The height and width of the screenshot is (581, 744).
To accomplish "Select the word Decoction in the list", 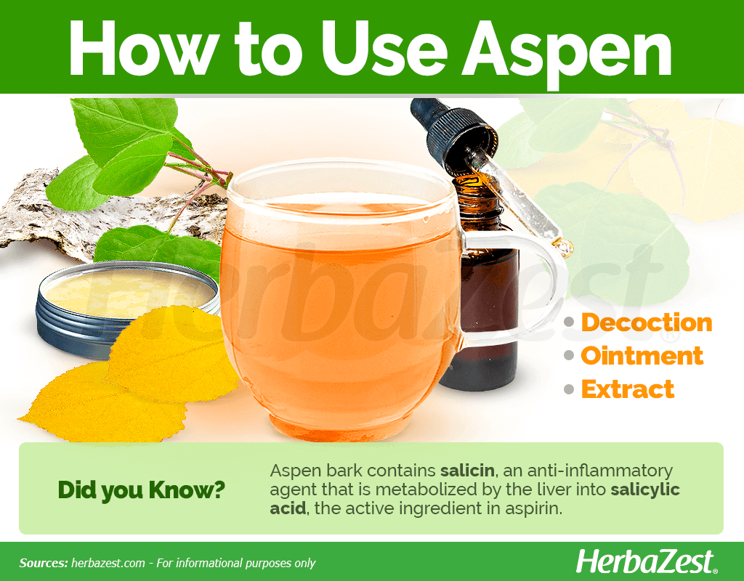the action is coord(647,322).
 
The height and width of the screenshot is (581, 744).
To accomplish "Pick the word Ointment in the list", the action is coord(642,356).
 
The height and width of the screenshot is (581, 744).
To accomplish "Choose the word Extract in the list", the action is coord(628,389).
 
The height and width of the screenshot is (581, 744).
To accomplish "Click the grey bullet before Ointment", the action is coord(569,356).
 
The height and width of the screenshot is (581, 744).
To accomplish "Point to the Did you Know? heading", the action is coord(141,490).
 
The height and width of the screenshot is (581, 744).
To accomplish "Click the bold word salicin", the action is coord(467,471).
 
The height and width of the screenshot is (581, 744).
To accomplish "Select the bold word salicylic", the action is coord(645,489).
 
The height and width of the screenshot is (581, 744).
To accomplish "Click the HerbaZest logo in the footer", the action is coord(647,562).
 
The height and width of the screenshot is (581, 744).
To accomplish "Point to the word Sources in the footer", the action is coord(44,563).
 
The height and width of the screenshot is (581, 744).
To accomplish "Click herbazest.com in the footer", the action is coord(108,563).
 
